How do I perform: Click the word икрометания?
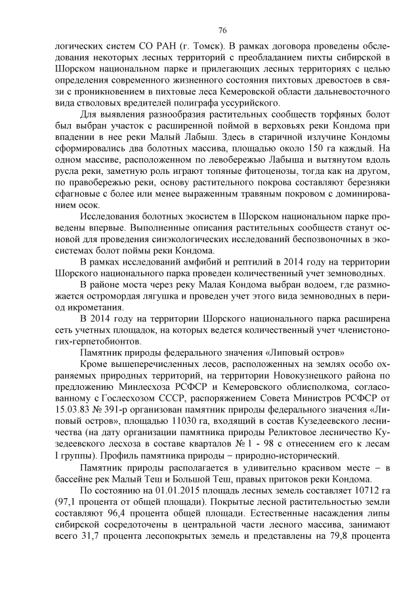(92, 308)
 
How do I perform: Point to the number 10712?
(365, 491)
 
